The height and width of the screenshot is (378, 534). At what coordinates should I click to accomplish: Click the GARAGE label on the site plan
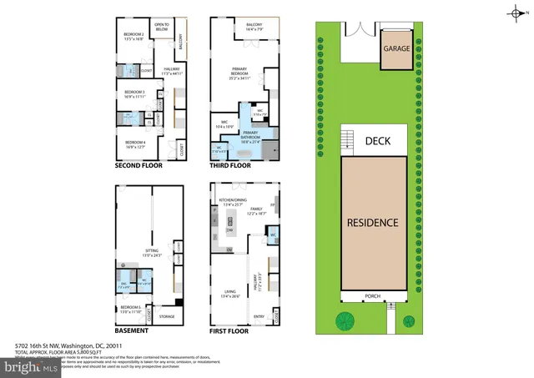396,48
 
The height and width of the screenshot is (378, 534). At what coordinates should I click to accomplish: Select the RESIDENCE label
373,223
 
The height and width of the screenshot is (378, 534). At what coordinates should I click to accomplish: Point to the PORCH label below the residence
373,295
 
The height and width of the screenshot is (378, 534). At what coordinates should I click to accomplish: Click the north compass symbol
515,12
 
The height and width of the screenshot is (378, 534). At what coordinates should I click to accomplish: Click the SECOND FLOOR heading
139,166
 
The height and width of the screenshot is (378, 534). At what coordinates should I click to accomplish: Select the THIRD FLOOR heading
230,166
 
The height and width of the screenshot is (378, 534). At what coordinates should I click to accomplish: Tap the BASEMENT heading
133,330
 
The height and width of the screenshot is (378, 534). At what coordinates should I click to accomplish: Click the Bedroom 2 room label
134,36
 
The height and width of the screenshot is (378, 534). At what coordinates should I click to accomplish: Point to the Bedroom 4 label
134,144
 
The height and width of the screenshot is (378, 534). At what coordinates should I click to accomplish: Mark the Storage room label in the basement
167,316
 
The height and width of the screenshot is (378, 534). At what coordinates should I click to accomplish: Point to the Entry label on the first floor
259,315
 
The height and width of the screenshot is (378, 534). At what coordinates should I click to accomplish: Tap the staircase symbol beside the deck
345,140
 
